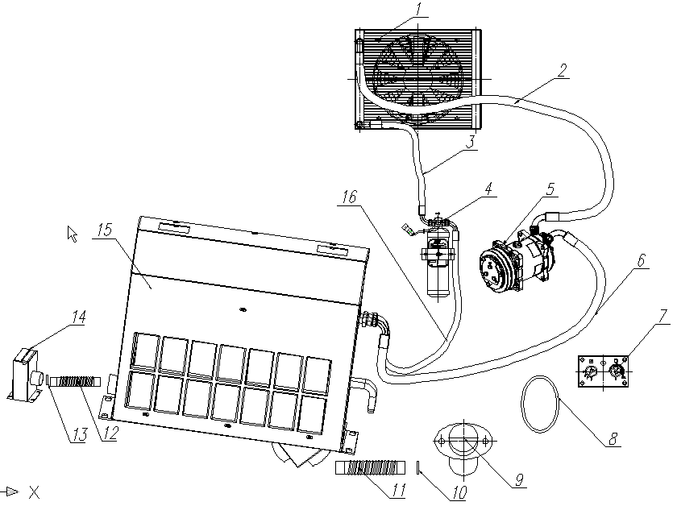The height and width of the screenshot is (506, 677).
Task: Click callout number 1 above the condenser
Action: click(x=418, y=10)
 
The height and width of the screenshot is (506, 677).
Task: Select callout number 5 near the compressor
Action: click(x=550, y=189)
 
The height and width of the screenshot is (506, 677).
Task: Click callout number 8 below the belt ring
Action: click(x=613, y=439)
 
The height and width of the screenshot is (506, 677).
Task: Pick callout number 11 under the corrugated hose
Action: click(x=398, y=490)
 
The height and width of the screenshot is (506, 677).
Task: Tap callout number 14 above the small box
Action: click(x=79, y=317)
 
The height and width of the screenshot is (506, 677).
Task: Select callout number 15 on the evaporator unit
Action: click(x=105, y=230)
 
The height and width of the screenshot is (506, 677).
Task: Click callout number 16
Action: click(x=350, y=197)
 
